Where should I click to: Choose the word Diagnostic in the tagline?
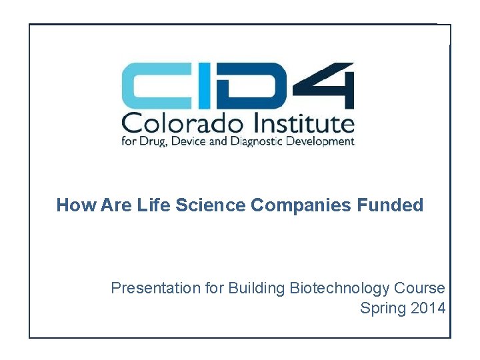pyautogui.click(x=263, y=141)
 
